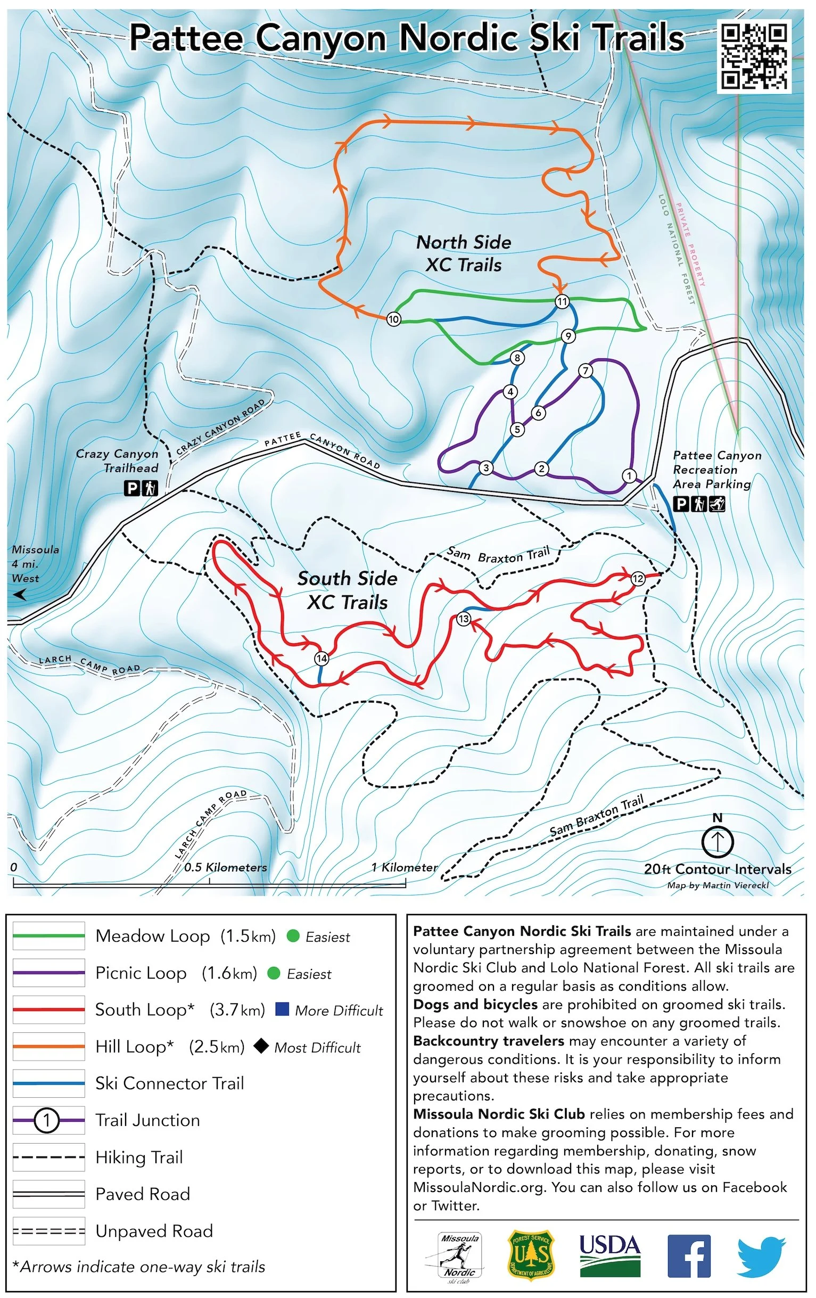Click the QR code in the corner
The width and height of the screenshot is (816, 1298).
755,56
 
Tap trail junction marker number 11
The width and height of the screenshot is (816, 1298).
562,301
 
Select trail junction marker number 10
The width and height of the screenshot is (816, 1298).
393,319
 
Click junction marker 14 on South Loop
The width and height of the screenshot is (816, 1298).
321,658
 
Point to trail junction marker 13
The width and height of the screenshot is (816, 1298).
464,618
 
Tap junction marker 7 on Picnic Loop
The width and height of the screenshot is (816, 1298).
586,371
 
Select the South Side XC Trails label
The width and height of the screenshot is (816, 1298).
347,590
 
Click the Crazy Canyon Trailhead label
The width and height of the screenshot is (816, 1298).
117,461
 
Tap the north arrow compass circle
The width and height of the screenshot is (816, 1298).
718,841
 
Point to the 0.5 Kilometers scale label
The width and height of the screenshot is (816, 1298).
225,867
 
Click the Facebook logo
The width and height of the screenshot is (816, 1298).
688,1256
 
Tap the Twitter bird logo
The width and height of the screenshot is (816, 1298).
761,1256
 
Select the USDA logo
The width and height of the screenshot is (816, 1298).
609,1256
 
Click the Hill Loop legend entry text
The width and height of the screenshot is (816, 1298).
134,1047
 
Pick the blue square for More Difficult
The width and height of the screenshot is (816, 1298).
282,1009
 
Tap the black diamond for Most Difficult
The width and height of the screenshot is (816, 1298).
261,1046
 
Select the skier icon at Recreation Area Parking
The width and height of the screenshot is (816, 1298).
717,504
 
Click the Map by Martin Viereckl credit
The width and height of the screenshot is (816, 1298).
718,885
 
